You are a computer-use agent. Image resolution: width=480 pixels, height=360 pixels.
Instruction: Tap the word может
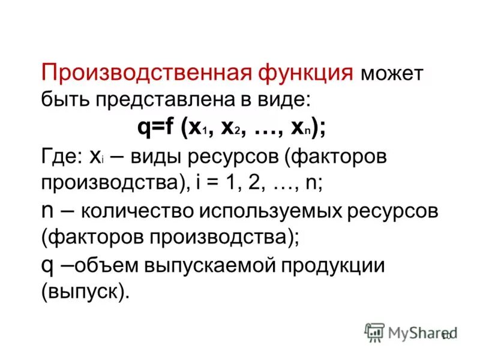pos(392,75)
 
